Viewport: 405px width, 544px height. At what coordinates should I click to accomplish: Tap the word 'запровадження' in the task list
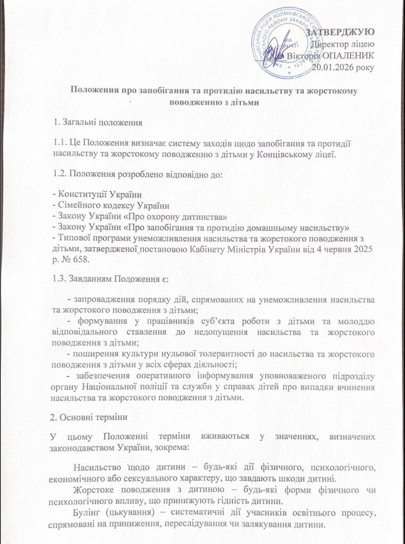(x=104, y=300)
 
